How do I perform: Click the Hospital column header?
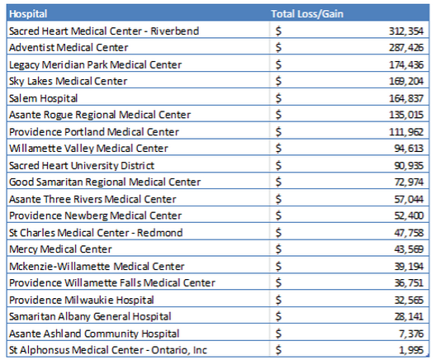click(28, 14)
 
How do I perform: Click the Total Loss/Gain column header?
click(307, 14)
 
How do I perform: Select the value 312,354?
click(406, 31)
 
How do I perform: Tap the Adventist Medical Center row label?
click(69, 48)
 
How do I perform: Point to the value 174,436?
click(406, 64)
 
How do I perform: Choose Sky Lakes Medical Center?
click(68, 81)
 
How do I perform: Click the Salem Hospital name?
click(44, 98)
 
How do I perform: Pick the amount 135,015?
click(406, 115)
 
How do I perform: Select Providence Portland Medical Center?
click(94, 132)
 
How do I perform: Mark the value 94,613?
click(409, 149)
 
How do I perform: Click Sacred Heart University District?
click(82, 165)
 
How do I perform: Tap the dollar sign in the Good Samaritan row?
click(278, 182)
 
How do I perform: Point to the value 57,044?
click(409, 199)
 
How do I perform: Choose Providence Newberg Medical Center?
click(96, 216)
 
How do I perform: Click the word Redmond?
click(160, 233)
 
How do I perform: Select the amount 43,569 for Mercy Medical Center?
click(409, 249)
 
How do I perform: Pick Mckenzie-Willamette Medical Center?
click(97, 267)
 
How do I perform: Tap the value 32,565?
click(409, 301)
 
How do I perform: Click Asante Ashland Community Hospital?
click(94, 334)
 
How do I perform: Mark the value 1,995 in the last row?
click(411, 350)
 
